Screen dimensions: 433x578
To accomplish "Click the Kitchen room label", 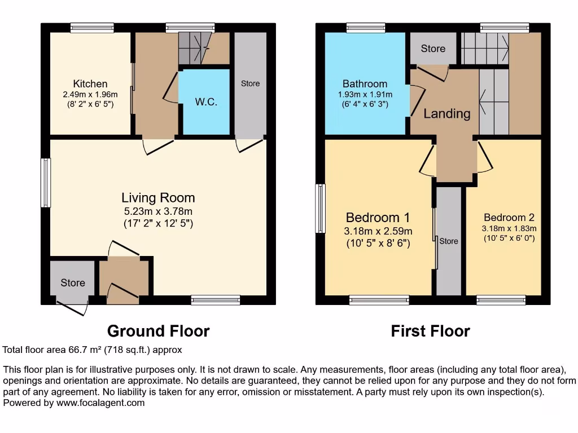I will pos(90,84).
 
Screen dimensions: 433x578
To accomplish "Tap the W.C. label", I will pos(206,102).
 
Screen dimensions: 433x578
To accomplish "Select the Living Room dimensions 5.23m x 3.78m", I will pos(158,211).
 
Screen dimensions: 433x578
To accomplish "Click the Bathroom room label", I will pos(365,84).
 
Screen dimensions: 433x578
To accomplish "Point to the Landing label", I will pos(446,113).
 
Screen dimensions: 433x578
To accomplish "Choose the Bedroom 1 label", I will pos(378,218).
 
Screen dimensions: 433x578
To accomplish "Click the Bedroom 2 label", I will pos(509,218).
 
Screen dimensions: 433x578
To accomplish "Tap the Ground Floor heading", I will pos(158,331).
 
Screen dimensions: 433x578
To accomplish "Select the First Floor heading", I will pos(430,331).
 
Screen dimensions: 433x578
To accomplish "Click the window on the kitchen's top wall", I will pos(92,27).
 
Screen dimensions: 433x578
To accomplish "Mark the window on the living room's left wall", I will pos(46,183).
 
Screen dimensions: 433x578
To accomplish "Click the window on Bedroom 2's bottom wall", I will pos(501,300).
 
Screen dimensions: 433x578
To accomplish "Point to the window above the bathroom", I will pos(366,27).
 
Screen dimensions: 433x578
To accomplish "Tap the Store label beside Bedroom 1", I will pos(449,241).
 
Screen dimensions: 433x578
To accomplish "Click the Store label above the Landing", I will pos(433,48).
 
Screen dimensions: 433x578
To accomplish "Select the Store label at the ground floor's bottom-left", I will pos(73,282).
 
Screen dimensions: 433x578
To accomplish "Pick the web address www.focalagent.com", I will pos(95,403).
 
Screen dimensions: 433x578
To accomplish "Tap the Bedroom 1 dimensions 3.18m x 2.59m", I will pos(378,231).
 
